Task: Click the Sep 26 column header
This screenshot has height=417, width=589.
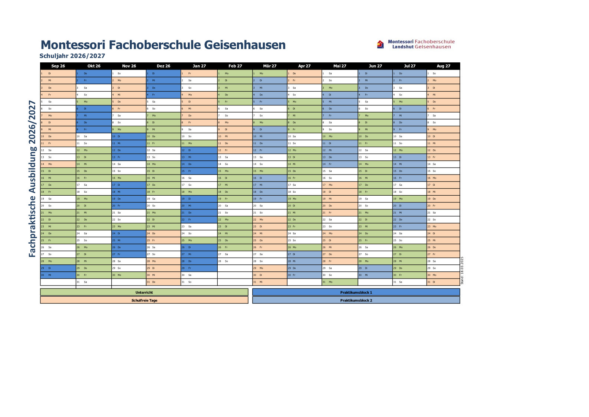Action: pos(58,66)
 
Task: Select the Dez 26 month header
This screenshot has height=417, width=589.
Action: pos(163,66)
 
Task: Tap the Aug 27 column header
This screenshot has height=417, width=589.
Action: pos(443,66)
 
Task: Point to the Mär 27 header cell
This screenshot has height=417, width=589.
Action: pos(270,66)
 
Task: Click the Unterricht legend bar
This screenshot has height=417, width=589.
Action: pos(144,293)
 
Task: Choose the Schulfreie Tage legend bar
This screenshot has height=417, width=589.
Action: pos(144,300)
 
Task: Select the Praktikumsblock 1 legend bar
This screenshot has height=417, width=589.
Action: pos(356,293)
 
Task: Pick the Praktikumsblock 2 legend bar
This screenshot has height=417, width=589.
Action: pos(356,300)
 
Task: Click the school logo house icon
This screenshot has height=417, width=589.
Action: pos(380,45)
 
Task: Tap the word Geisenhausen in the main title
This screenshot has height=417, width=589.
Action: pos(245,45)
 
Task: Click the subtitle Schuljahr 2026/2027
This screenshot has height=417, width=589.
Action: pos(72,56)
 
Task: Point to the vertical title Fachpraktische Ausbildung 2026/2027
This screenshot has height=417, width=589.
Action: pos(33,179)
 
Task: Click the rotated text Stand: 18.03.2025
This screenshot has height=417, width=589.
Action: pos(462,270)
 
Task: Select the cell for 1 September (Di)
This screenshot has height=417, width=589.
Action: pos(58,74)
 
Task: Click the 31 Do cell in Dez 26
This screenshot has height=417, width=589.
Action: pos(163,282)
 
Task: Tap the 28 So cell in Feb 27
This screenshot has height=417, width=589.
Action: pos(235,261)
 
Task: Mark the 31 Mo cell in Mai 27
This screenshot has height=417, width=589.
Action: pos(339,282)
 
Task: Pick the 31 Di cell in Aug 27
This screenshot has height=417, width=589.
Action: pos(443,282)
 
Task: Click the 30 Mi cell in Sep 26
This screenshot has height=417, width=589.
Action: pos(58,275)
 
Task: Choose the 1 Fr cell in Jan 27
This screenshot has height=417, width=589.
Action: pos(199,74)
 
